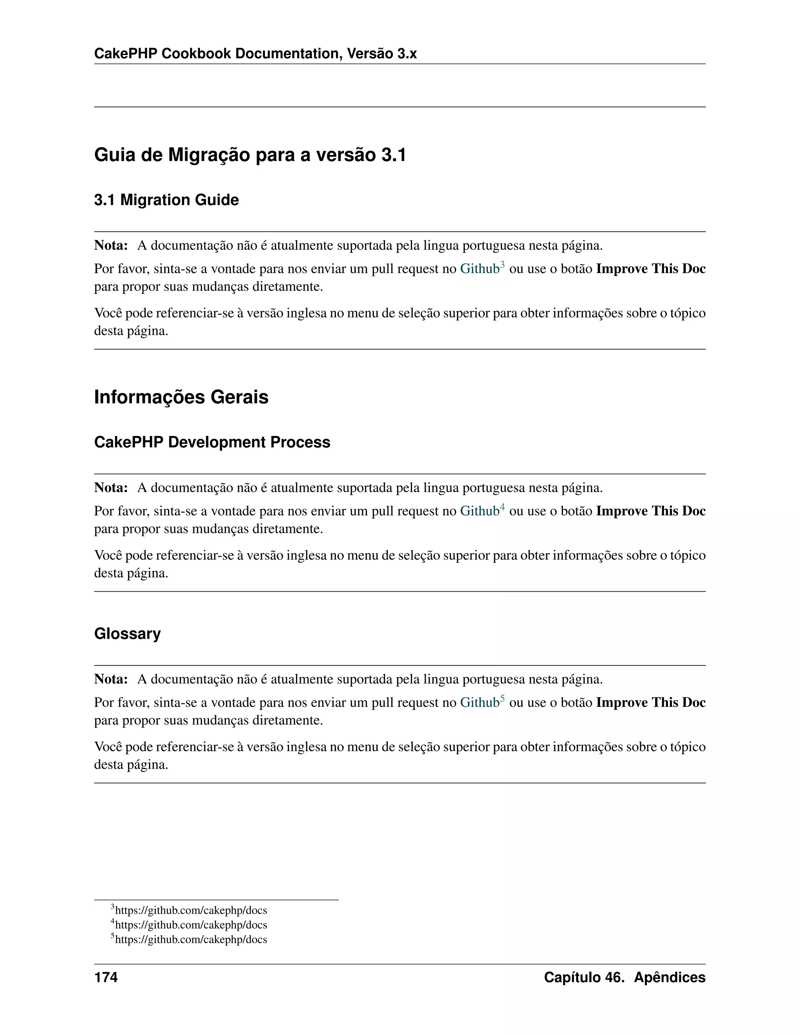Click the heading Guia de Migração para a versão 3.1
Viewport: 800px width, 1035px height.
(250, 155)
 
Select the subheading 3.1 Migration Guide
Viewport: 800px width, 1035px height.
(166, 200)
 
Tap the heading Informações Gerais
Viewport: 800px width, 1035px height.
(181, 397)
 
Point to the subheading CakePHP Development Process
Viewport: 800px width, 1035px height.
(212, 442)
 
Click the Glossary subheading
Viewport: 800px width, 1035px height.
(127, 633)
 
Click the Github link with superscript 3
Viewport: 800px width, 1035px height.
(479, 269)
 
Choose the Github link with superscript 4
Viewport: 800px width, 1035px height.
(479, 511)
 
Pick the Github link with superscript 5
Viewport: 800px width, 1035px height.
(479, 702)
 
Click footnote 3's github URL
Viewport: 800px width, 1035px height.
(191, 910)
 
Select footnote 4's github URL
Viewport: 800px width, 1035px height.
(191, 925)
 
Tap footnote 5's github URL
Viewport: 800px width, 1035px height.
(191, 940)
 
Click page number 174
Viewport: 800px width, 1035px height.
(106, 977)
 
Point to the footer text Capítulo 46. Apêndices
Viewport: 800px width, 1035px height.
(624, 977)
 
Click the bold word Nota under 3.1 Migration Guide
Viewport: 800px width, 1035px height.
(111, 246)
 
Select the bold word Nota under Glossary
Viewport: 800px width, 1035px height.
(111, 679)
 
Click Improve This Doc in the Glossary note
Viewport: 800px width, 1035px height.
(650, 702)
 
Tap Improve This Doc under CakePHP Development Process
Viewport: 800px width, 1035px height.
(650, 511)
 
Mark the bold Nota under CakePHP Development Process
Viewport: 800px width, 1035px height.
(111, 488)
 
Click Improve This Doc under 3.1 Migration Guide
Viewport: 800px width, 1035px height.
(650, 269)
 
